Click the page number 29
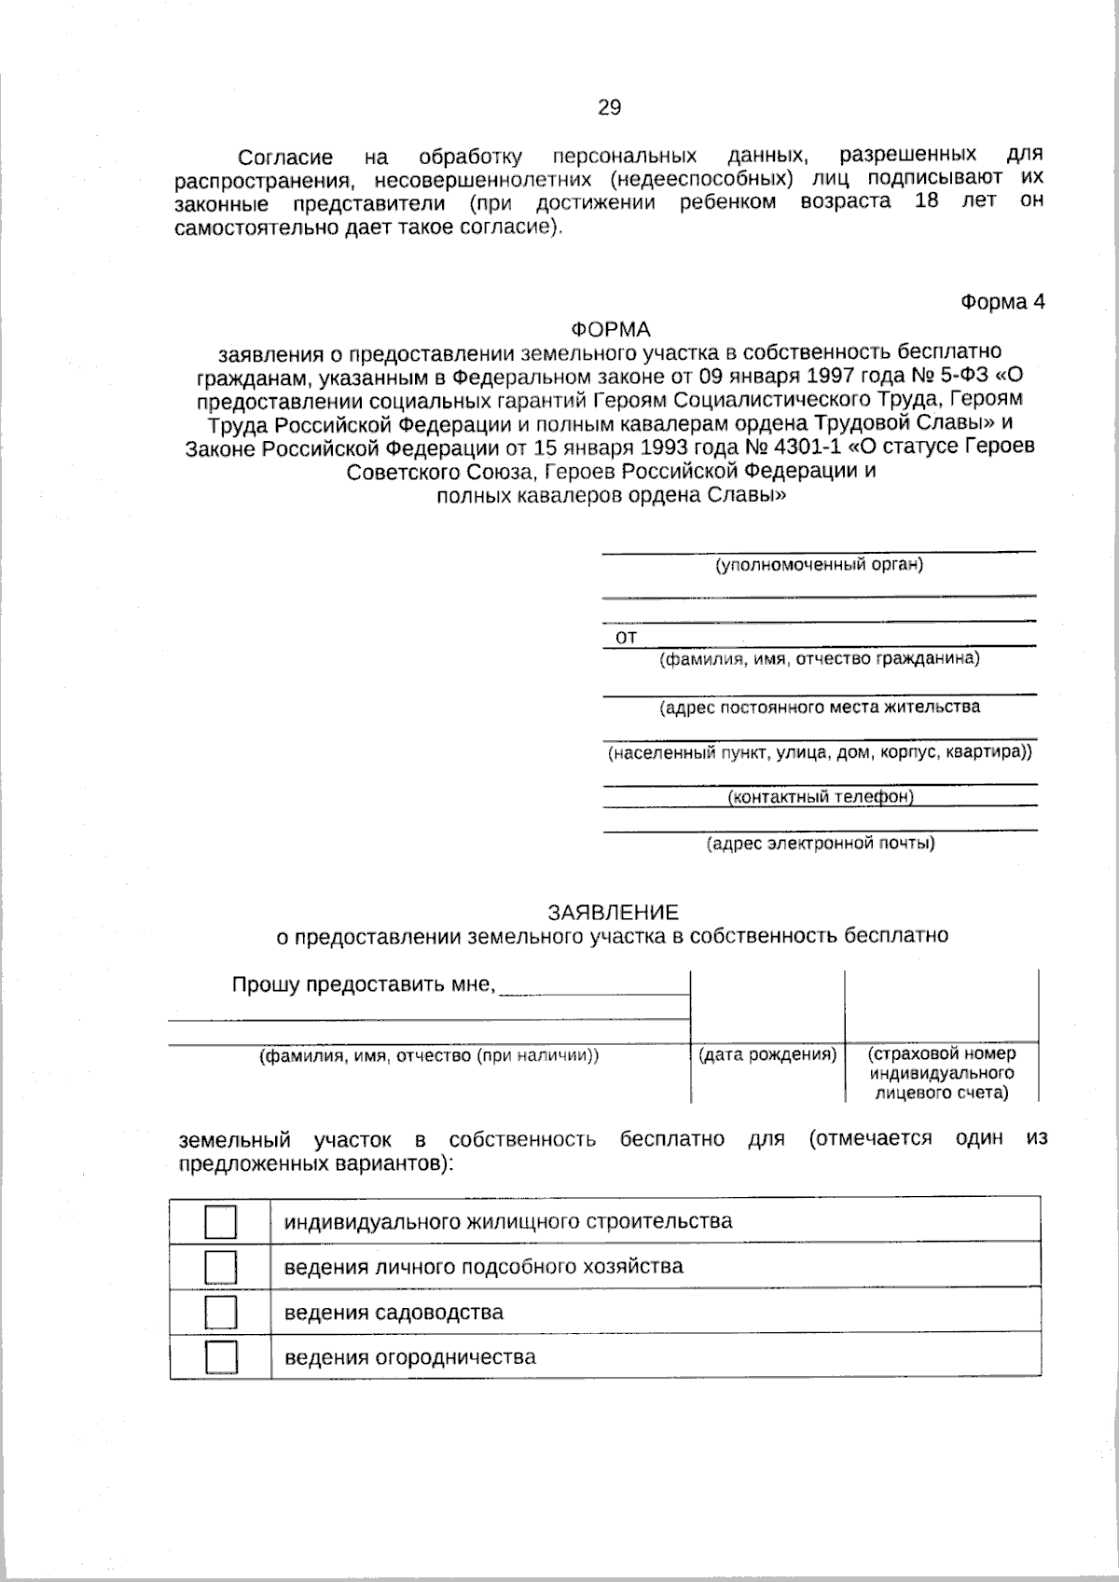[608, 108]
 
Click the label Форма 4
[1002, 302]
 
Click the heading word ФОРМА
[610, 329]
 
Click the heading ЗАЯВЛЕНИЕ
[613, 912]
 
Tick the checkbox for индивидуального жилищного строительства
[220, 1221]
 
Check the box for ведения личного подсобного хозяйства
[220, 1267]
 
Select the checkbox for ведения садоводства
[220, 1312]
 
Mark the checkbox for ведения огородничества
[220, 1356]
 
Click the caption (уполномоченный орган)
[819, 564]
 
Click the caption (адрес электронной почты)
[820, 844]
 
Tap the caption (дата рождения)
[767, 1054]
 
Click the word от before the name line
[626, 638]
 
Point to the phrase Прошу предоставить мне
[363, 984]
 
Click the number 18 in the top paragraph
[926, 201]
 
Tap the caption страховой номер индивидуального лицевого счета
[942, 1073]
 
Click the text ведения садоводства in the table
[394, 1313]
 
